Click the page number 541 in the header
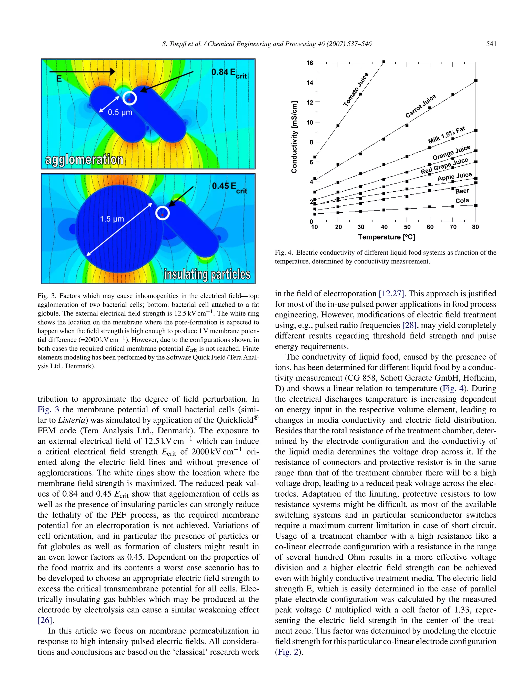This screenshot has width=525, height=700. [x=491, y=44]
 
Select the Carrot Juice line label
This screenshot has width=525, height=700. [x=420, y=106]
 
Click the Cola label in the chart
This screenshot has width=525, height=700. [x=462, y=201]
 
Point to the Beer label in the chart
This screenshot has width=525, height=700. [x=462, y=191]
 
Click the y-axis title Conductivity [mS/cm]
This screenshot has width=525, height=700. [x=294, y=137]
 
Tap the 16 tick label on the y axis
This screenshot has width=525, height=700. [x=309, y=63]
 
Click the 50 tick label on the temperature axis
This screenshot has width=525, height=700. [x=407, y=227]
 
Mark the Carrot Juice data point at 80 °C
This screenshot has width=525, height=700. [x=476, y=81]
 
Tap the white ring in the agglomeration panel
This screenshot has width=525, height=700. [x=129, y=98]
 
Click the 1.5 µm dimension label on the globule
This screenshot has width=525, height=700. [x=112, y=219]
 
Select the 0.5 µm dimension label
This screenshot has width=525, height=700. [x=120, y=112]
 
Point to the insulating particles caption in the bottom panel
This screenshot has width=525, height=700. [x=207, y=274]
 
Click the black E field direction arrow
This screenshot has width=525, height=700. [x=82, y=72]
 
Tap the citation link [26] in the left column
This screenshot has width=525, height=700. [x=44, y=620]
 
